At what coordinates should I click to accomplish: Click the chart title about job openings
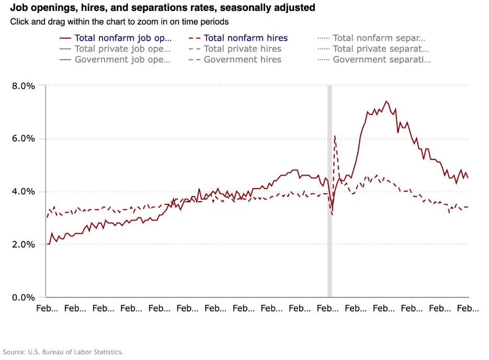click(163, 8)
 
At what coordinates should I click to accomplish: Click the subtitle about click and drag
click(119, 22)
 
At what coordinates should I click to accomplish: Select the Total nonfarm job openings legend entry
click(122, 38)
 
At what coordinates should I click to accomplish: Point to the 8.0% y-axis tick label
click(23, 86)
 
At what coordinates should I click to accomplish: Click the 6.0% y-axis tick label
click(23, 138)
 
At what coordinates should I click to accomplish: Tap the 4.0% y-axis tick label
click(23, 191)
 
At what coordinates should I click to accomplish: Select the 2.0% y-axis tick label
click(23, 244)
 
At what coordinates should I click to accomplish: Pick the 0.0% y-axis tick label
click(23, 297)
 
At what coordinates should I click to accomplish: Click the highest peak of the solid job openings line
click(386, 101)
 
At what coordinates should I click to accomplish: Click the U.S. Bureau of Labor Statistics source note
click(63, 352)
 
